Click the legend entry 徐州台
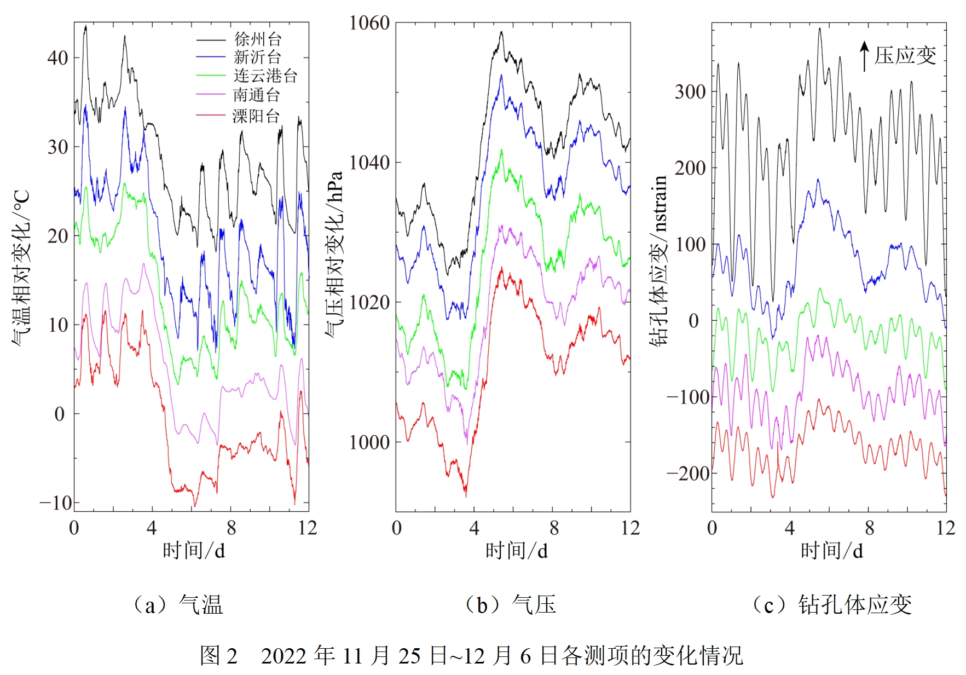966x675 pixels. coord(258,39)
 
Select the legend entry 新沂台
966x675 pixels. coord(257,57)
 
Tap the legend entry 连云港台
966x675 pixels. coord(265,76)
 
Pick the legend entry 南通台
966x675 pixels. coord(257,95)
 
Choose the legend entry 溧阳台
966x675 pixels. coord(256,116)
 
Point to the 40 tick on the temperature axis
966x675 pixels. coord(57,57)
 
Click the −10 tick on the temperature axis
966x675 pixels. coord(55,502)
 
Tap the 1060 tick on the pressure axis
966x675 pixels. coord(369,23)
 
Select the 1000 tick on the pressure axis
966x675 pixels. coord(369,442)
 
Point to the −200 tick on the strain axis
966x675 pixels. coord(687,473)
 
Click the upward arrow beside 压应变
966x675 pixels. coord(864,56)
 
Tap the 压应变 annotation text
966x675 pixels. coord(905,55)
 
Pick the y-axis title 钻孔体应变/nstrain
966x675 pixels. coord(659,261)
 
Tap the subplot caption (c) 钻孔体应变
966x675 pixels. coord(832,605)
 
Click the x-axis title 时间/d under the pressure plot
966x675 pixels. coord(516,550)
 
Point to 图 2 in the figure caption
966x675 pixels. coord(218,655)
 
